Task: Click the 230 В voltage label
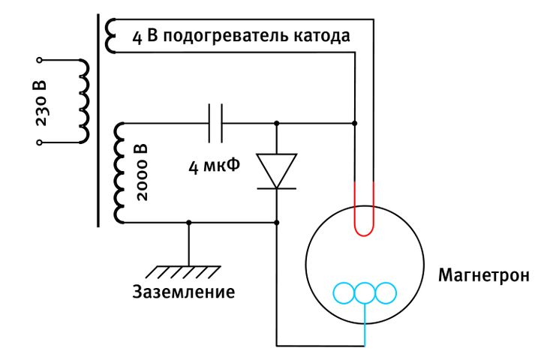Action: point(41,100)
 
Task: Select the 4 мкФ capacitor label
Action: point(213,165)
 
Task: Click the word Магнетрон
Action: point(484,275)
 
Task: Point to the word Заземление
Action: point(183,292)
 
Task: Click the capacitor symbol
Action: point(216,122)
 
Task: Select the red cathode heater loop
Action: point(365,214)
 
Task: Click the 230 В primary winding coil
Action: point(82,100)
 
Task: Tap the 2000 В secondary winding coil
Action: point(119,172)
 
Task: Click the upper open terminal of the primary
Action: point(41,59)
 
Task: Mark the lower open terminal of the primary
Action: point(41,142)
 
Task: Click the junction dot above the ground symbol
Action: point(188,223)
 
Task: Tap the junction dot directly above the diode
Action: point(277,122)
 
